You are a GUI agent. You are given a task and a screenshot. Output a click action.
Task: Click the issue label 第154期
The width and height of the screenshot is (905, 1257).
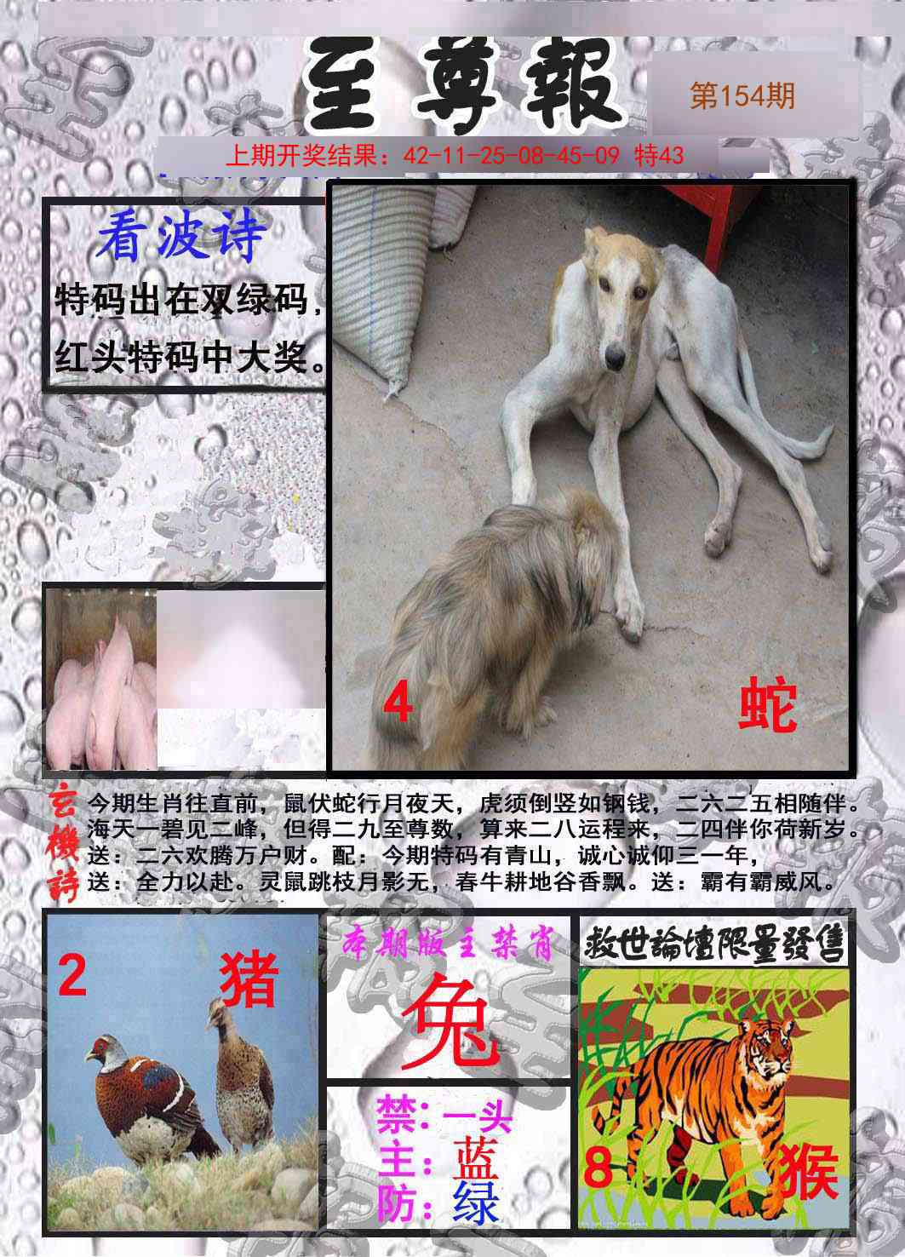742,96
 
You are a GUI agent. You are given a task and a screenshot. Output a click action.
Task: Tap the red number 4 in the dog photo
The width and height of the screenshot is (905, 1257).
398,705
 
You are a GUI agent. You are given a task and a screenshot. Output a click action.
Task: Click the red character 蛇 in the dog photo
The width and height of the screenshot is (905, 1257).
767,706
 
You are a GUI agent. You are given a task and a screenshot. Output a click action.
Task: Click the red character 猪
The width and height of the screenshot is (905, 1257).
249,979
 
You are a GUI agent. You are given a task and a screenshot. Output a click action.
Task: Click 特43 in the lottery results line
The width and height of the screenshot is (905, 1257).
660,156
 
